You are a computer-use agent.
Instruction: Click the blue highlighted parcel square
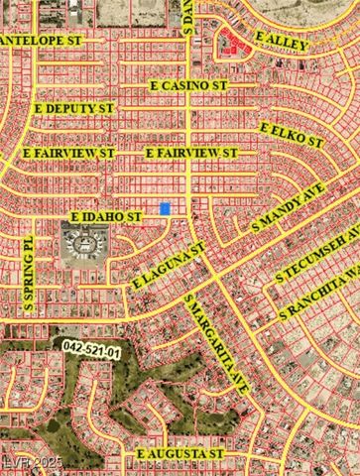tap(165, 208)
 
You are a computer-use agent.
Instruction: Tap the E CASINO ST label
tap(193, 87)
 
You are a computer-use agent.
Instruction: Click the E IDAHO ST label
tap(105, 215)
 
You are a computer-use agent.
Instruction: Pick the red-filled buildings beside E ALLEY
tap(233, 42)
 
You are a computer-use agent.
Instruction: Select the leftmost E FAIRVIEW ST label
tap(68, 154)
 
